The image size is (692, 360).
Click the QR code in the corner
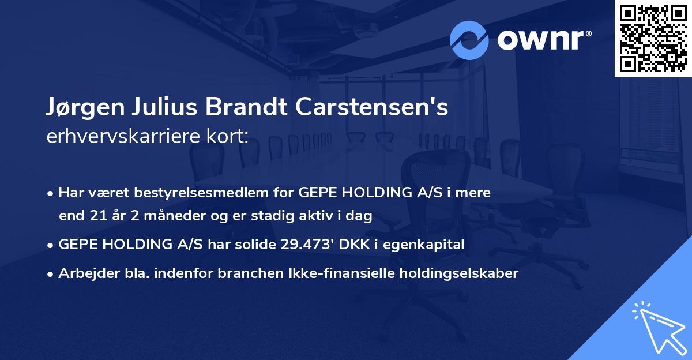pos(653,38)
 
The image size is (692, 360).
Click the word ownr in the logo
pos(543,40)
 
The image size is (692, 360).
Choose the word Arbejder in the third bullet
pos(84,273)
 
